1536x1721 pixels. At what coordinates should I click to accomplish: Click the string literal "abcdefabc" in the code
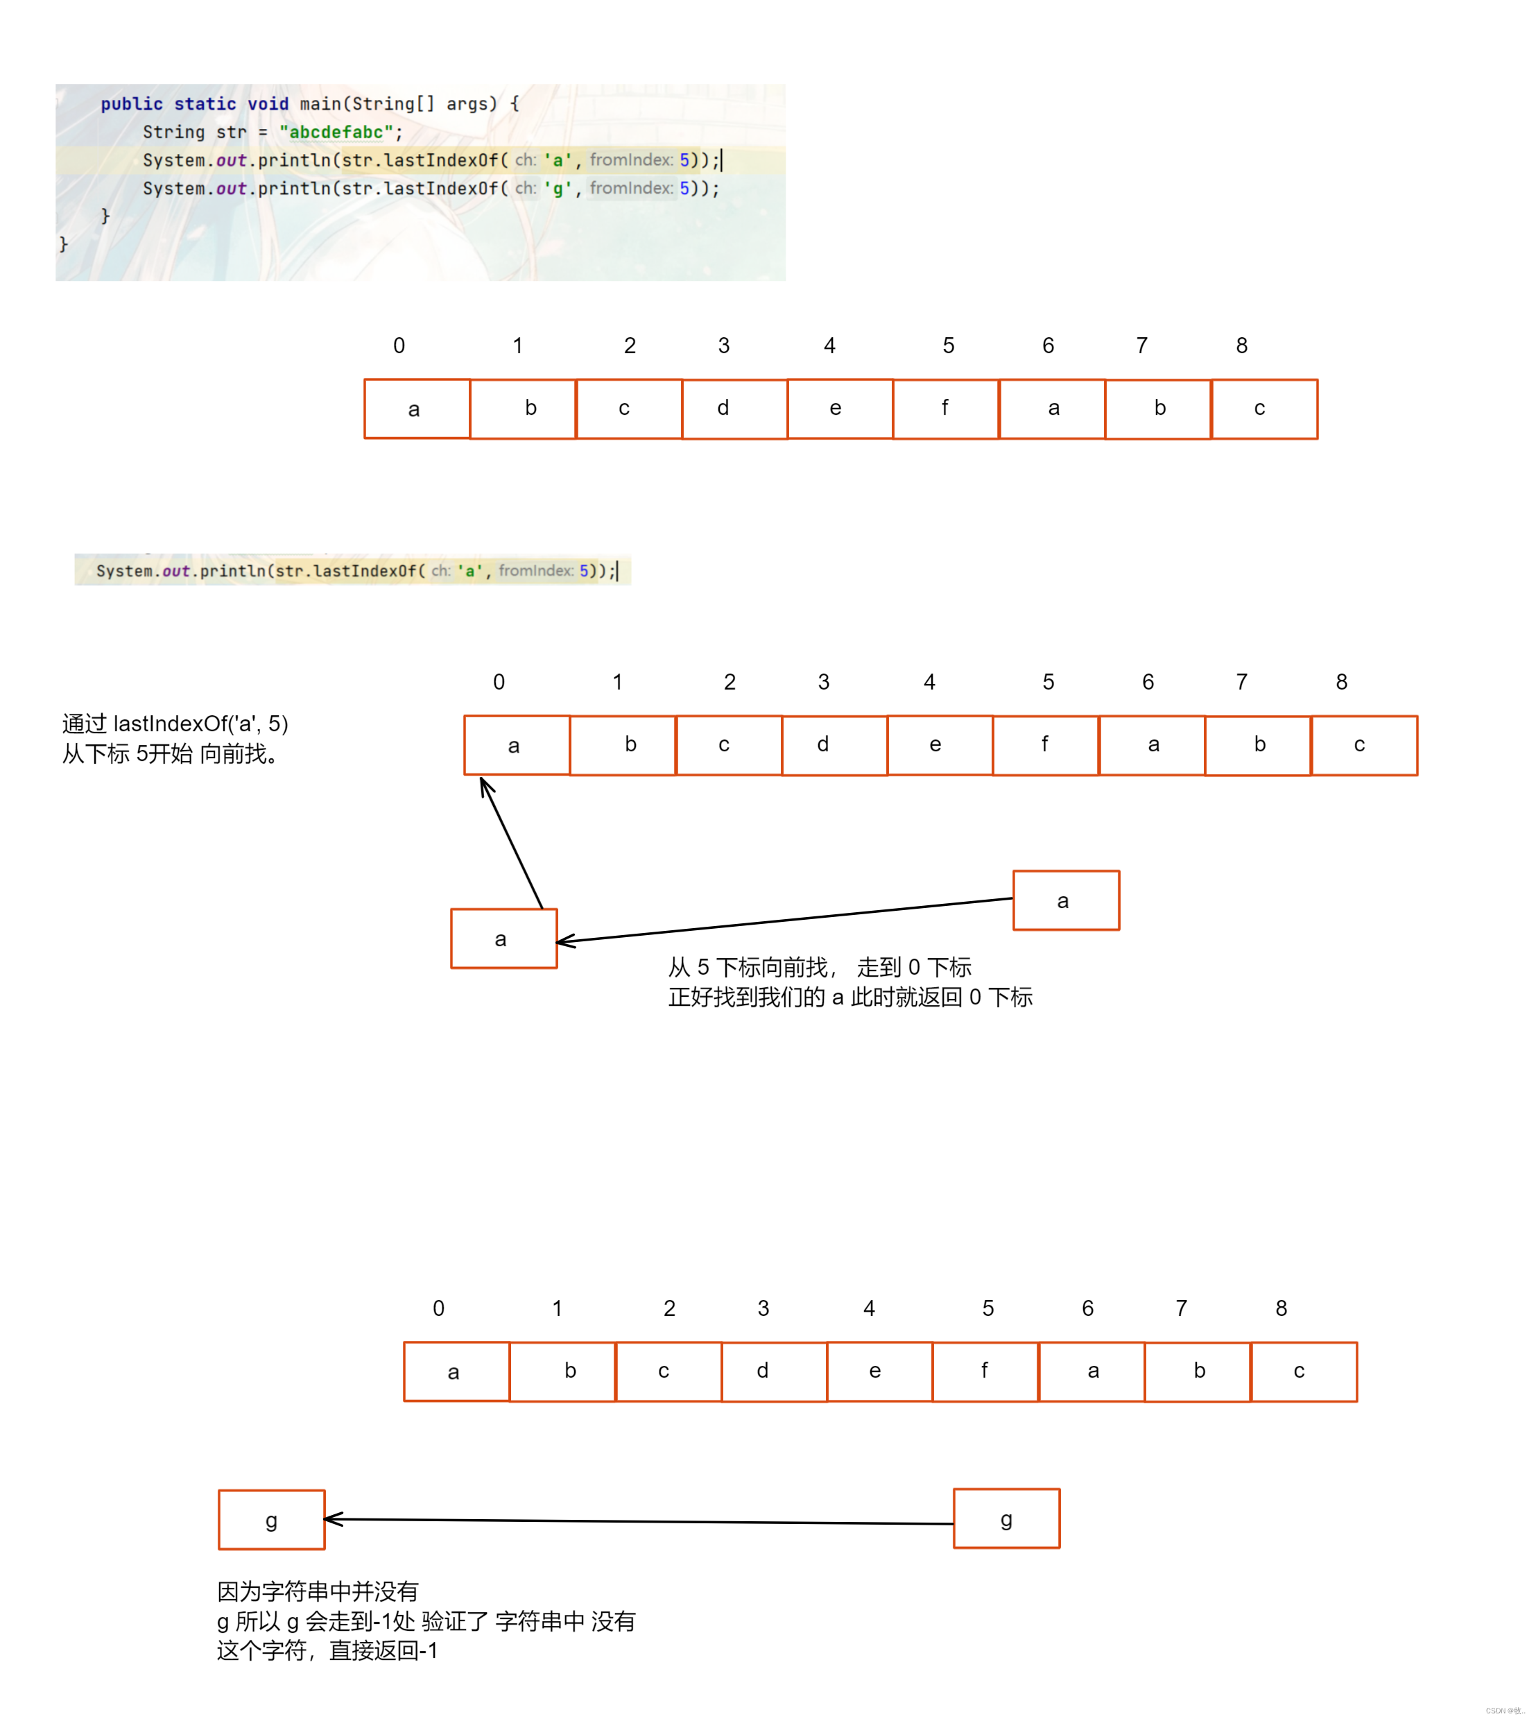(336, 132)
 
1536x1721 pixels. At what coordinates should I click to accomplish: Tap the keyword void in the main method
(268, 104)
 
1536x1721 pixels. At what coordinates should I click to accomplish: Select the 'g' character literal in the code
(557, 188)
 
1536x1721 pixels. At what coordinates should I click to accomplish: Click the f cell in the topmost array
(945, 409)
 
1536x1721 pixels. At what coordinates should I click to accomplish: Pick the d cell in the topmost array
(734, 409)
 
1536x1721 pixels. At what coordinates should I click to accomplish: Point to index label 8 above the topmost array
(1241, 345)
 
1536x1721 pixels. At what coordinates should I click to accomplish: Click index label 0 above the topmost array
(399, 345)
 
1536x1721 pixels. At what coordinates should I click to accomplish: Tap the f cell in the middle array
(1046, 745)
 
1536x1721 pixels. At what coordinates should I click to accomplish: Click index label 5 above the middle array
(1049, 682)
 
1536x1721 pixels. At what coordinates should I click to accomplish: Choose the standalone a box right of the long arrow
(1066, 900)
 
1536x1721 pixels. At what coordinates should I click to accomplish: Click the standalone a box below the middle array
(504, 939)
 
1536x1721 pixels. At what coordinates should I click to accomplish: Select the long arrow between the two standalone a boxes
(785, 920)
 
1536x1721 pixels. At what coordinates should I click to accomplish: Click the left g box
(271, 1520)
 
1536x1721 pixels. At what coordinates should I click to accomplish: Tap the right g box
(1006, 1519)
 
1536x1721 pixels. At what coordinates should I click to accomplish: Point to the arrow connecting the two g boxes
(639, 1522)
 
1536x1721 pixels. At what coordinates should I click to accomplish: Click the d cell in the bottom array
(774, 1371)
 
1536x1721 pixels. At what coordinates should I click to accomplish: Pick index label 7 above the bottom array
(1182, 1308)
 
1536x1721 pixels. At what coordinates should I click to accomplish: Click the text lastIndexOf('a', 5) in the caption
(201, 724)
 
